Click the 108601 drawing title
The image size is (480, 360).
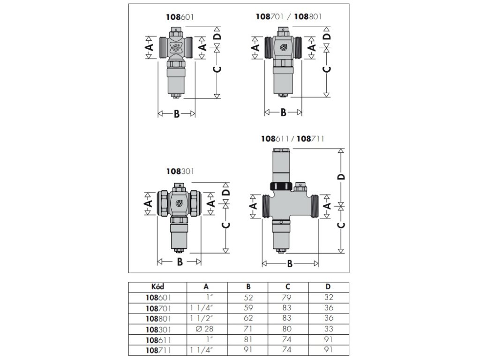click(x=180, y=16)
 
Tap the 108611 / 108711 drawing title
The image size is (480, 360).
click(x=292, y=139)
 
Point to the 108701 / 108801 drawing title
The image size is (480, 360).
click(x=289, y=16)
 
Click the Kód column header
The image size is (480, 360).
click(x=158, y=287)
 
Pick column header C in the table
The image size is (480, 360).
click(x=288, y=287)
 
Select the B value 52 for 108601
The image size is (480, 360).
click(x=247, y=297)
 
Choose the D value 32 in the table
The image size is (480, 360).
click(x=328, y=297)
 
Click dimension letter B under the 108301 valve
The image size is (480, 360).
click(x=180, y=262)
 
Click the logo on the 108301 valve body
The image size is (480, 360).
click(x=180, y=203)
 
